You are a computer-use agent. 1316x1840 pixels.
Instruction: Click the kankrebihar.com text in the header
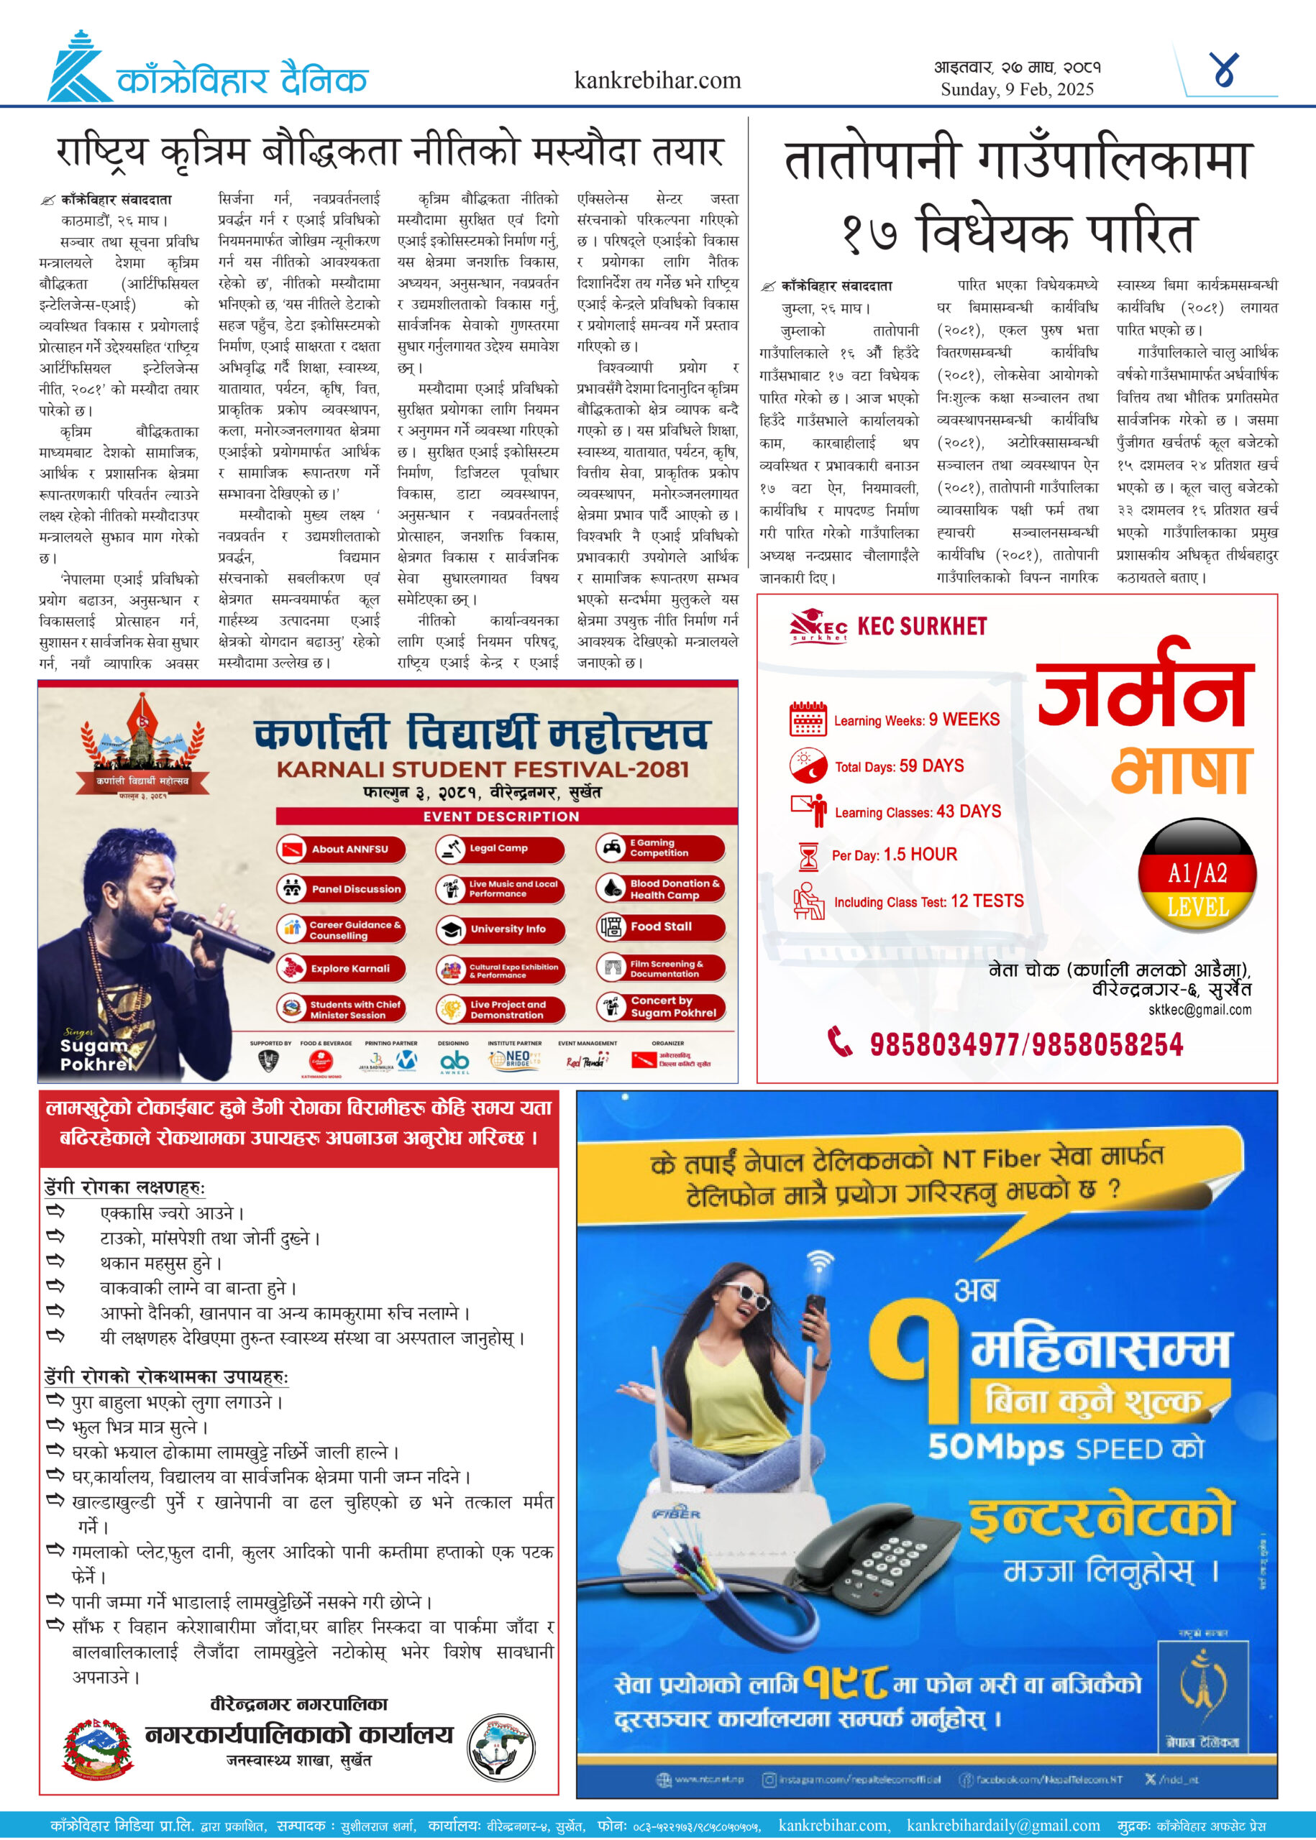pos(657,80)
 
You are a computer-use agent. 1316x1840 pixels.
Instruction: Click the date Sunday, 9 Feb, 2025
pos(1017,89)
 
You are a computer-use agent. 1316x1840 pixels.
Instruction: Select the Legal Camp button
pos(499,849)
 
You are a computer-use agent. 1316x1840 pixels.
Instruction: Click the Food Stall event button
pos(660,926)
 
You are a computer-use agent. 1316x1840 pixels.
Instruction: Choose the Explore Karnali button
pos(340,967)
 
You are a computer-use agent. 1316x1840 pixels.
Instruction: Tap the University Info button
pos(499,929)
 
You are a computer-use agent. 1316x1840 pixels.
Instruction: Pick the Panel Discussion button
pos(340,889)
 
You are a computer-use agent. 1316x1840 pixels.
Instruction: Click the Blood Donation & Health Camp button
pos(660,888)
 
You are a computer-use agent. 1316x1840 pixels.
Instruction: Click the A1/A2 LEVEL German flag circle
pos(1197,877)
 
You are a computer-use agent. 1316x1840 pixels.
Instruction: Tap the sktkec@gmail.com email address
pos(1200,1010)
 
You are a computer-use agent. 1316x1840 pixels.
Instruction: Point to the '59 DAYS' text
pos(931,766)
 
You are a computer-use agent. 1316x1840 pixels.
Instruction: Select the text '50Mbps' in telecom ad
pos(996,1449)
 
